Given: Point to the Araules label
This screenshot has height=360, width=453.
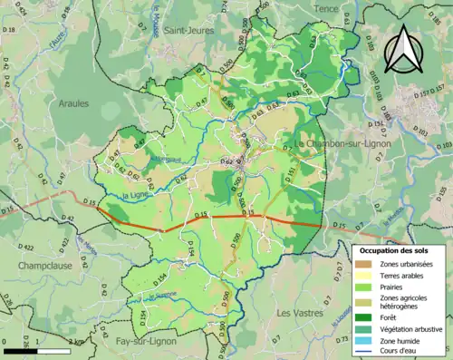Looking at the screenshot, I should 73,103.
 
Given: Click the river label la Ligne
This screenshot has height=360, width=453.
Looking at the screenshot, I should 133,196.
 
